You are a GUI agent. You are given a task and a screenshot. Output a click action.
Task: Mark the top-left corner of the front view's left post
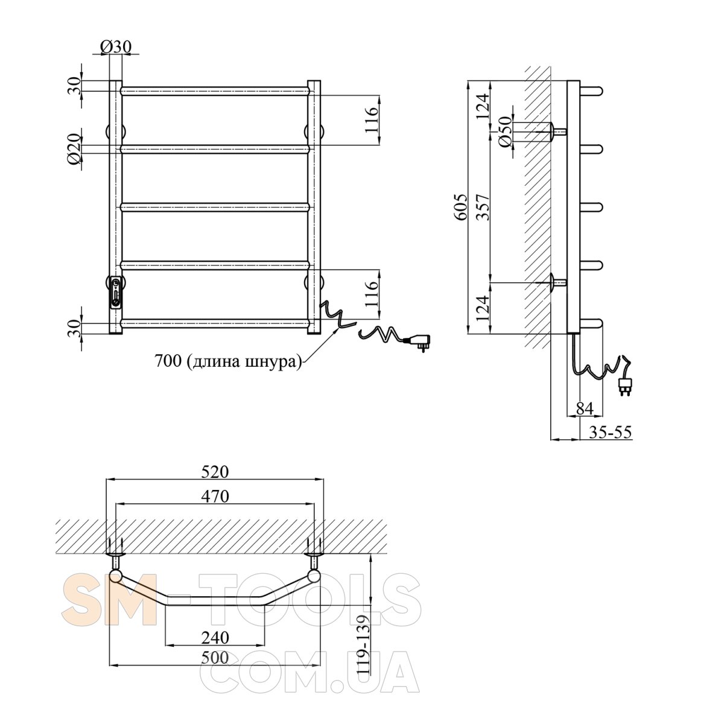coord(109,80)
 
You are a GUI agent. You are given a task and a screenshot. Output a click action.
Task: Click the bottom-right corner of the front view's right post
coord(320,334)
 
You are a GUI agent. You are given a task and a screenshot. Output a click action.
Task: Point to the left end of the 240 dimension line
coord(166,645)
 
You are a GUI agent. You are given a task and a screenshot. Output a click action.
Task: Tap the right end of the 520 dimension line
coord(323,479)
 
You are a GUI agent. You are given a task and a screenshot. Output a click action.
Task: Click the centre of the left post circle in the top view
coord(115,576)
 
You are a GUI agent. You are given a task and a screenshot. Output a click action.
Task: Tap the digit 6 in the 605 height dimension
coord(462,215)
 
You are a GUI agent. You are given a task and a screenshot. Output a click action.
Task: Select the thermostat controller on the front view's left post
coord(115,291)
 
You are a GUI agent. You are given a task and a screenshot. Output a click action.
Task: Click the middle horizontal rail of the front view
coord(215,207)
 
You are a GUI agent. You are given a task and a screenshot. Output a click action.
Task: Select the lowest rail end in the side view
coord(591,323)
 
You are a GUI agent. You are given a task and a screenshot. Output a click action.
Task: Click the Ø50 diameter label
coord(505,131)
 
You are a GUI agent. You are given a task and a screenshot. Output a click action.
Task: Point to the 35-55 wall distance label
coord(609,432)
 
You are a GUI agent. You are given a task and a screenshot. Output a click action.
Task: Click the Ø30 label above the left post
coord(116,46)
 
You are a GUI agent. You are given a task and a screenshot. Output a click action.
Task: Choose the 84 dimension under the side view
coord(584,408)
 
